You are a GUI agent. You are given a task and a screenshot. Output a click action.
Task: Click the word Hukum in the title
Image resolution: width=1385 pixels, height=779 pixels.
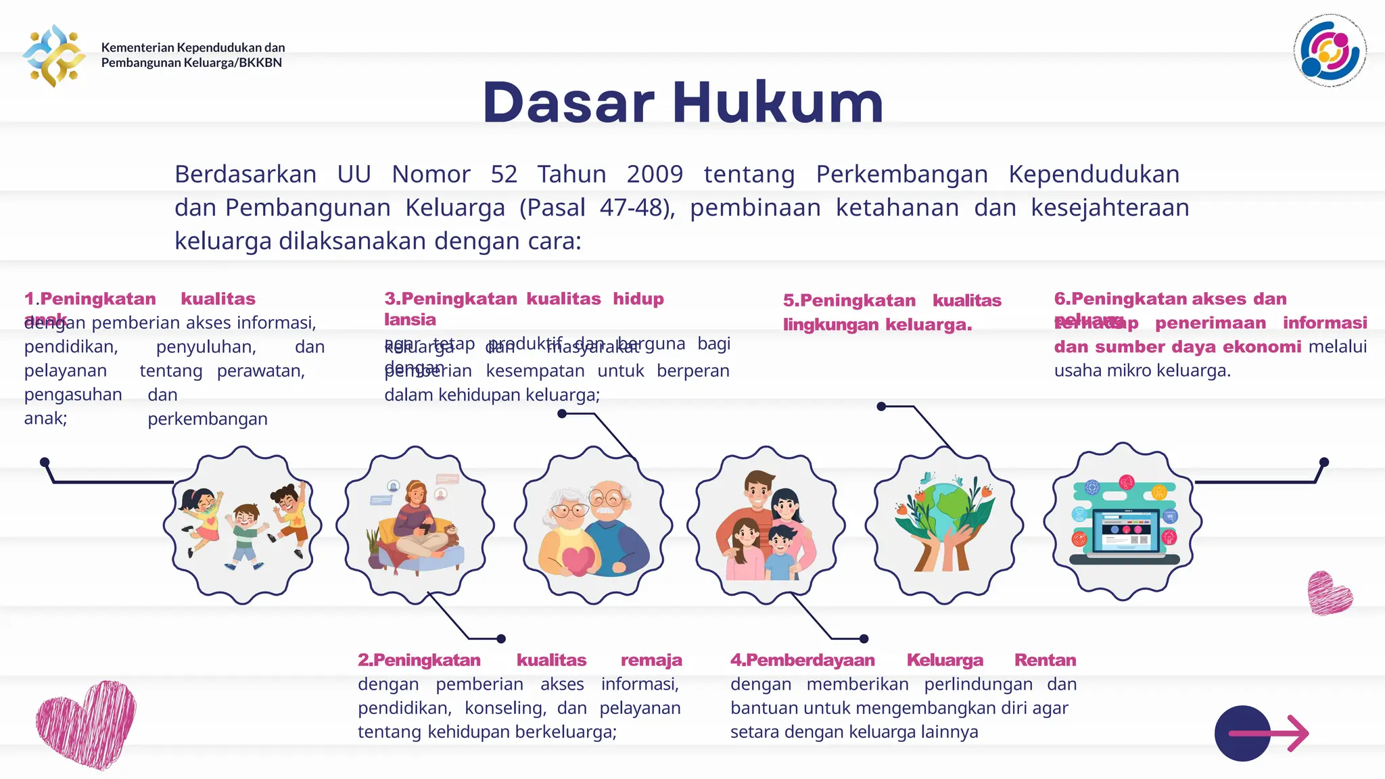click(778, 103)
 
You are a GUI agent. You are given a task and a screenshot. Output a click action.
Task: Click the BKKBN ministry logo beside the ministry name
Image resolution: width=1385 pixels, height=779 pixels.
click(54, 55)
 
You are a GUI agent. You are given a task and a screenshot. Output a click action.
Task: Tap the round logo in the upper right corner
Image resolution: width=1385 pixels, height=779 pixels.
click(1330, 51)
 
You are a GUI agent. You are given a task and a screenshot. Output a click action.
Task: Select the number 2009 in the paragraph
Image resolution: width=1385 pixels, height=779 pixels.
click(655, 174)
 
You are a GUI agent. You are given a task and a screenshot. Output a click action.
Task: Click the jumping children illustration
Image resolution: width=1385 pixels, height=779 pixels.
click(242, 525)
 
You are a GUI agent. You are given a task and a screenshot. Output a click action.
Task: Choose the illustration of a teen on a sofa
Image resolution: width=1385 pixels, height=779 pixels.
click(415, 525)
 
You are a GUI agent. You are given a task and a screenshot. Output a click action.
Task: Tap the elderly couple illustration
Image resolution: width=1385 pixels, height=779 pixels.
click(593, 525)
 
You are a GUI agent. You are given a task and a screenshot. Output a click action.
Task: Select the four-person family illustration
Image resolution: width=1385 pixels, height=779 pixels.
click(766, 525)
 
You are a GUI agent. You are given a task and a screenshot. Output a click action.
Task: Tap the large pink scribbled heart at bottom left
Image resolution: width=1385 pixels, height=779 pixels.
click(86, 724)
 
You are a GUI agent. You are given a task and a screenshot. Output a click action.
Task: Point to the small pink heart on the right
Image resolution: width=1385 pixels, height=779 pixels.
click(1329, 593)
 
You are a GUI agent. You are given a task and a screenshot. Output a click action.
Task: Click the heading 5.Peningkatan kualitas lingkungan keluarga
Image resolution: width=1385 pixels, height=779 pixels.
click(891, 312)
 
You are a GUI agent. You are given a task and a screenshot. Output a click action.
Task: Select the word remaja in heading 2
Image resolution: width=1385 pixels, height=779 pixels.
click(651, 660)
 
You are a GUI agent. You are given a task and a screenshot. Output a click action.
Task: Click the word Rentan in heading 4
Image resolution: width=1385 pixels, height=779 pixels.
click(1045, 660)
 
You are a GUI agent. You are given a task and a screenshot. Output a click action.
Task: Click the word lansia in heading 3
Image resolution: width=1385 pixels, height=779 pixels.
click(410, 320)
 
